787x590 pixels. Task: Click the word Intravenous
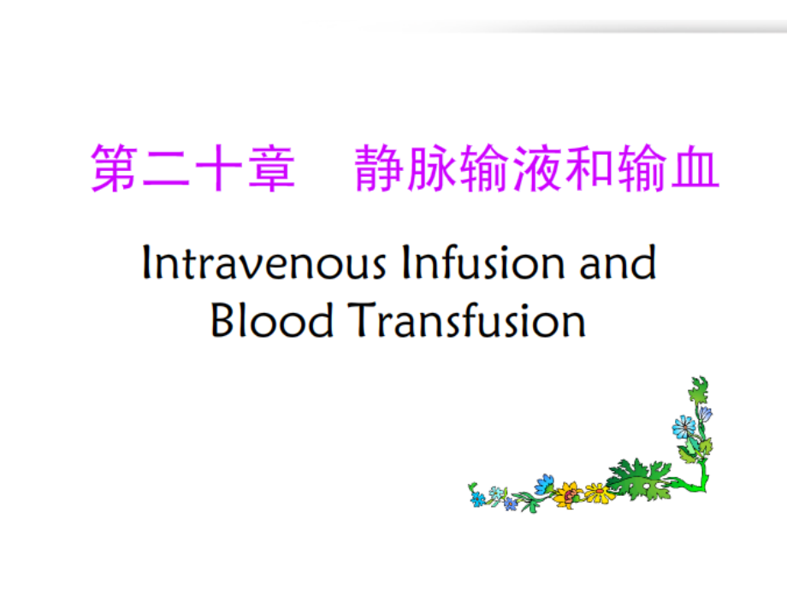264,263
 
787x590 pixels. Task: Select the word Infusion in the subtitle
482,263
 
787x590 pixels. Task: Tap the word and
618,263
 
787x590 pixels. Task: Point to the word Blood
271,320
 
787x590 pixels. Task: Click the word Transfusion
466,320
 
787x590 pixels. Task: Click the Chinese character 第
115,168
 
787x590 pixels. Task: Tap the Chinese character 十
219,168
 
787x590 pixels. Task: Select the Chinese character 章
271,168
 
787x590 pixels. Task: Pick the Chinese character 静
379,168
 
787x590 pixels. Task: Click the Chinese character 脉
432,168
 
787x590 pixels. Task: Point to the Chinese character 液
537,168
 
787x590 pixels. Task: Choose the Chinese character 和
590,168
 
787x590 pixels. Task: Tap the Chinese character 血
695,168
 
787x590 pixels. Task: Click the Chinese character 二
167,168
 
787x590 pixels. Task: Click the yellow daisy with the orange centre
600,493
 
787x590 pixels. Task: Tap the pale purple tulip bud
706,414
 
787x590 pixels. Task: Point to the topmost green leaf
698,389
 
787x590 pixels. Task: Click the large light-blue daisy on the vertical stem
684,428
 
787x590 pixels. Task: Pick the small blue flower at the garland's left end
476,499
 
